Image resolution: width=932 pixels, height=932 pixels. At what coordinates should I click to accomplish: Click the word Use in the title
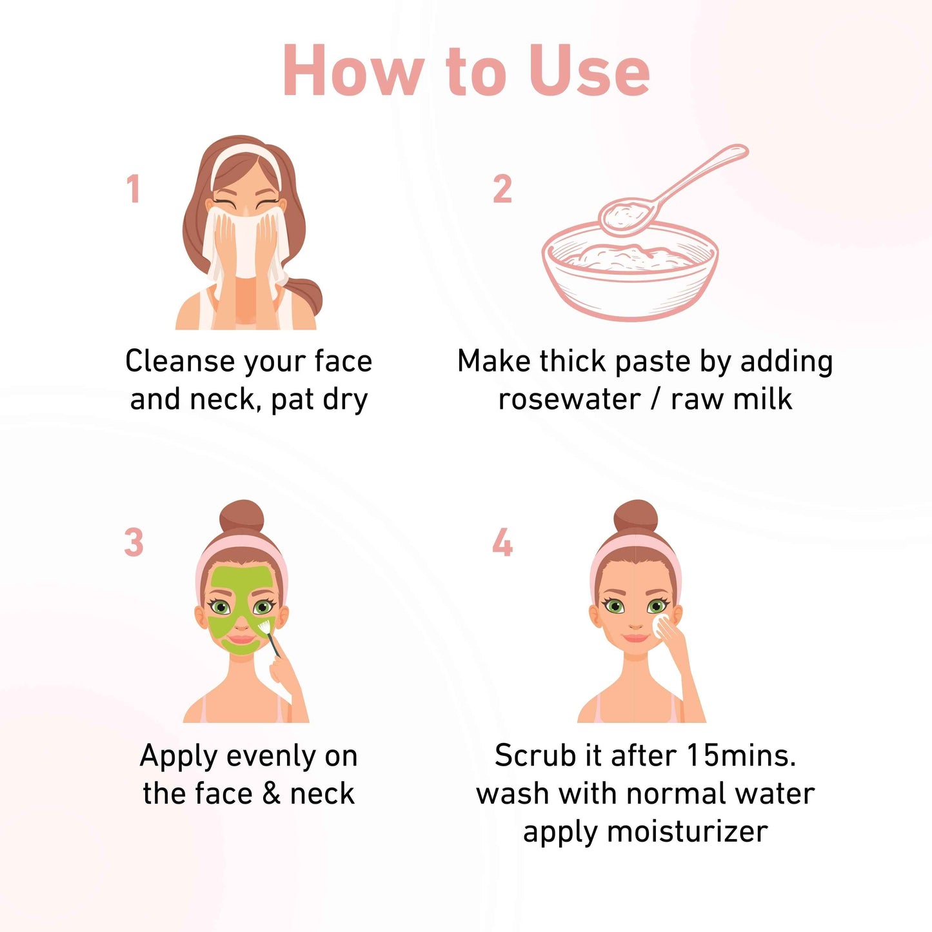coord(590,71)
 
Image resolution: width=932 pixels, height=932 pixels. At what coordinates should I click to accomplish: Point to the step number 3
coord(134,542)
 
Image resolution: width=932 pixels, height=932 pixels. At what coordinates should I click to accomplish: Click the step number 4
coord(502,542)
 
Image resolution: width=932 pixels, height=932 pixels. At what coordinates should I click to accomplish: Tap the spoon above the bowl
coord(672,190)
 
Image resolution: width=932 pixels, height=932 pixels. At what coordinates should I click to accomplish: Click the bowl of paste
coord(630,271)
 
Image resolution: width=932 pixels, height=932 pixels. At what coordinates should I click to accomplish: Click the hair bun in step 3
coord(241,517)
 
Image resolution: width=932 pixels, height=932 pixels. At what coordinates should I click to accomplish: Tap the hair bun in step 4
coord(635,517)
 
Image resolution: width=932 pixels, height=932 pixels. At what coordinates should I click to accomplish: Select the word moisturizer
coord(687,832)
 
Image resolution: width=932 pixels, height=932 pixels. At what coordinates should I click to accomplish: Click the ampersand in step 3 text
coord(271,794)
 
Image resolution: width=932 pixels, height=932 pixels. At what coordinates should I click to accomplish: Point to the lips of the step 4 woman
coord(635,638)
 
